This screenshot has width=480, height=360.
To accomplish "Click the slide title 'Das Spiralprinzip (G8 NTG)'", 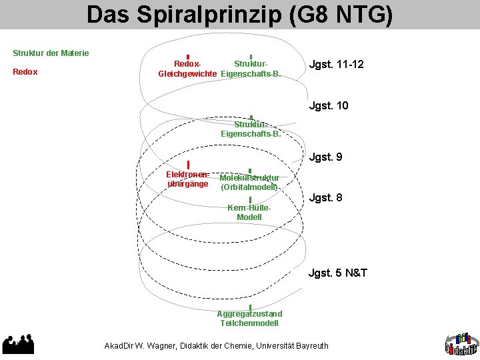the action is pyautogui.click(x=239, y=15).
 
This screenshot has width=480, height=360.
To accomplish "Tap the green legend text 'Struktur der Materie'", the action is pyautogui.click(x=51, y=53).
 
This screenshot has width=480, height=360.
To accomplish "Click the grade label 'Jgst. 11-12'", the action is pyautogui.click(x=336, y=65).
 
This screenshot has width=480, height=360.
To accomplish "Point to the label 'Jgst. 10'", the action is pyautogui.click(x=329, y=105).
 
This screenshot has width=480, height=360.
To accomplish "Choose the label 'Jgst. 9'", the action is pyautogui.click(x=326, y=157).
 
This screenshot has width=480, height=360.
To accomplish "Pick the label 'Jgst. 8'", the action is pyautogui.click(x=326, y=197).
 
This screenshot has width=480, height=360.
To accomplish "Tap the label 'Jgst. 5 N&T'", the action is pyautogui.click(x=338, y=273).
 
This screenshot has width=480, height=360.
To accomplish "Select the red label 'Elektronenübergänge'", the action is pyautogui.click(x=187, y=179).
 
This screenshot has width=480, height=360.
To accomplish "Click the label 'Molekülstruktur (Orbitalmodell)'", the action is pyautogui.click(x=249, y=183).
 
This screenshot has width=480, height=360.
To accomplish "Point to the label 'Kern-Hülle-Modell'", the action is pyautogui.click(x=249, y=212).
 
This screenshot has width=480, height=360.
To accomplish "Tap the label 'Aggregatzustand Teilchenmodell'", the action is pyautogui.click(x=249, y=318).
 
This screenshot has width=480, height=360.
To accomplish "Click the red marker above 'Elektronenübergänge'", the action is pyautogui.click(x=189, y=165).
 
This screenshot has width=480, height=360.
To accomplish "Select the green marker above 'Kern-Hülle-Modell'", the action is pyautogui.click(x=249, y=199).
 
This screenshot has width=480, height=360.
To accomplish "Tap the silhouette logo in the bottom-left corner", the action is pyautogui.click(x=18, y=343).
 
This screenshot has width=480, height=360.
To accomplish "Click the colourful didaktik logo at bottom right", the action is pyautogui.click(x=461, y=342).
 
